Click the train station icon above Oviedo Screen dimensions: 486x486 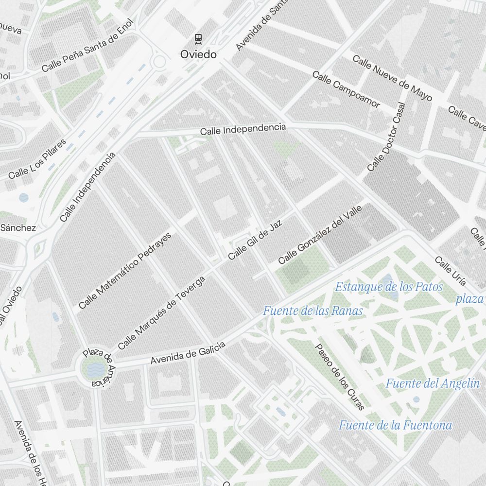click(198, 38)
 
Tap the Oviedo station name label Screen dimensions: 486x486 click(198, 54)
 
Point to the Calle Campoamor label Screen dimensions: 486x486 click(346, 89)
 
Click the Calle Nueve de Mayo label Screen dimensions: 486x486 click(392, 78)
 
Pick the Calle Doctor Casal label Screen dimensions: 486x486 click(386, 137)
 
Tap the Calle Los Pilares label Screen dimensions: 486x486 click(37, 159)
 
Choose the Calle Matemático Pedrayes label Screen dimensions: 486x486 click(125, 271)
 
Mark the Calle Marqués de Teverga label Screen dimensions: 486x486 click(162, 312)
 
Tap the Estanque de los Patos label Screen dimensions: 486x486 click(389, 287)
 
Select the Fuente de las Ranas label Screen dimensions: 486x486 click(313, 311)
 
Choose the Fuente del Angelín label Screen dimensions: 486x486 click(433, 383)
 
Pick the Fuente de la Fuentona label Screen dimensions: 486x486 click(395, 425)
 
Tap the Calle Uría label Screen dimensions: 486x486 click(450, 271)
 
